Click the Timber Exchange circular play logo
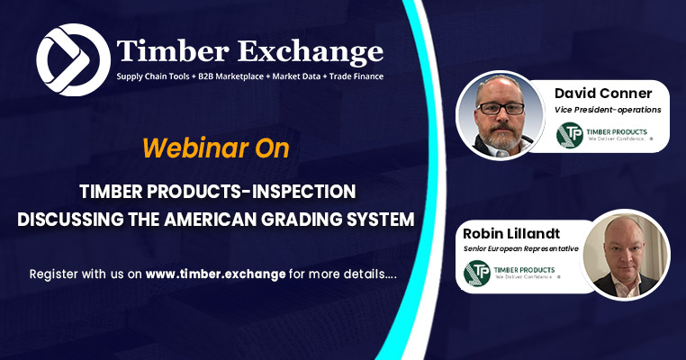click(73, 60)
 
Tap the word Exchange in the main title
click(311, 52)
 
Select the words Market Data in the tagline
click(296, 76)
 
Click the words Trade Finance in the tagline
click(357, 76)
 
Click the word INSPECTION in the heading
click(297, 192)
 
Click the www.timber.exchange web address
click(215, 274)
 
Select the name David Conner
click(603, 94)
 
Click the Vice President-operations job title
click(608, 110)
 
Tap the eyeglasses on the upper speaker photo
click(500, 108)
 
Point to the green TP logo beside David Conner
click(569, 135)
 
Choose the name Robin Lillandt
click(511, 234)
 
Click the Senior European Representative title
click(520, 249)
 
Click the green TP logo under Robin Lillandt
click(476, 273)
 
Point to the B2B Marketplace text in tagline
click(231, 76)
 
